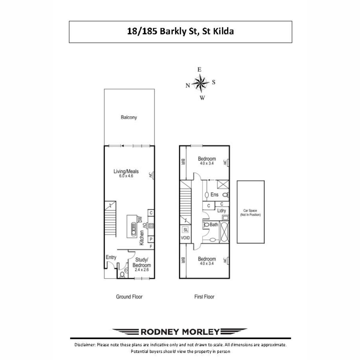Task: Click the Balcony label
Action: (129, 117)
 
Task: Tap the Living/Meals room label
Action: (126, 171)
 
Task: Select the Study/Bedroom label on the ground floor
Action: (142, 262)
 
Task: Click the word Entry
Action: (111, 257)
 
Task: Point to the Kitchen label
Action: (142, 238)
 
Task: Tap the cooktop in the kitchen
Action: (151, 226)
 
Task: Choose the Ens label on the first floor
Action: (214, 194)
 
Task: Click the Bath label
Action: (214, 224)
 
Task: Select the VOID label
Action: (185, 238)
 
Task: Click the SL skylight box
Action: (185, 229)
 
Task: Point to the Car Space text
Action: (250, 211)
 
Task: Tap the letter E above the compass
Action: (199, 70)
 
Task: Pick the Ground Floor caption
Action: (129, 297)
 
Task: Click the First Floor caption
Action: (204, 297)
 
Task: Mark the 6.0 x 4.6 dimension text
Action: (126, 176)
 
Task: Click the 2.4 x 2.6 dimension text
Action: (142, 270)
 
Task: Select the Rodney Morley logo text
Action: (180, 332)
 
